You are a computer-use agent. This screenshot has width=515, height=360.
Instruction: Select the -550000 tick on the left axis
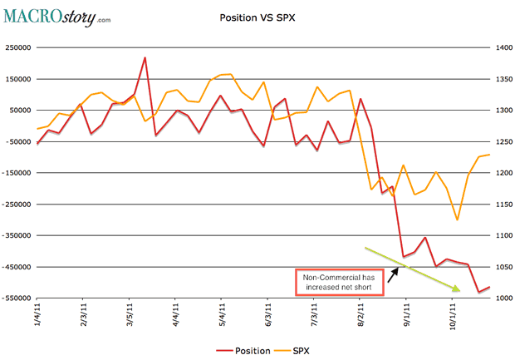coord(19,298)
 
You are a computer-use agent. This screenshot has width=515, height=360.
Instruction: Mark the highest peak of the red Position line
coord(145,57)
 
